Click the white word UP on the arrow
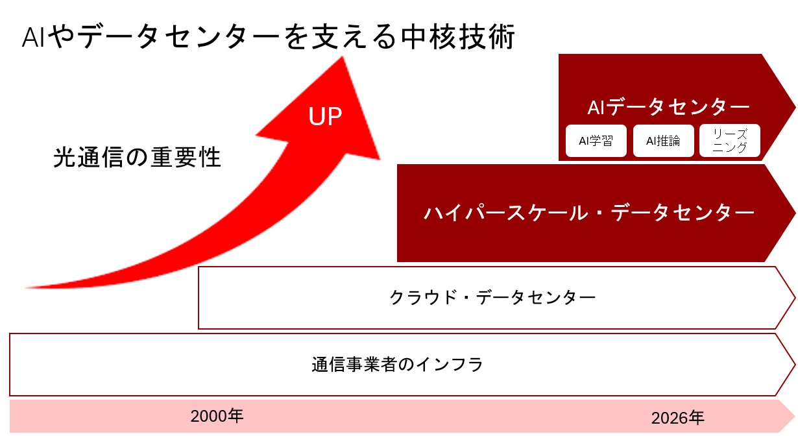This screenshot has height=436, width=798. click(x=325, y=116)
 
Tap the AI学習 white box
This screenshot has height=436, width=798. click(x=596, y=141)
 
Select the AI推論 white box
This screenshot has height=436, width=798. click(x=663, y=141)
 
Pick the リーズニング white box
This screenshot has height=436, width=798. click(x=730, y=140)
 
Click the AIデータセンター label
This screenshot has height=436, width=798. click(x=668, y=107)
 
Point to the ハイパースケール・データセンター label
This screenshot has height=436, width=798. click(x=589, y=213)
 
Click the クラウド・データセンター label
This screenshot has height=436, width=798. click(x=492, y=297)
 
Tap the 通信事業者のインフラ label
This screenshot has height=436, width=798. click(x=397, y=365)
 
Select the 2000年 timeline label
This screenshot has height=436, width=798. click(x=217, y=416)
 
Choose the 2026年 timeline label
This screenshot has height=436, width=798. click(x=677, y=418)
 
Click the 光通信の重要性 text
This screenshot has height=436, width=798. click(x=137, y=157)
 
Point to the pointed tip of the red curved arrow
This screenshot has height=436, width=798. click(x=343, y=57)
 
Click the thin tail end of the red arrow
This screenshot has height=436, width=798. click(x=26, y=287)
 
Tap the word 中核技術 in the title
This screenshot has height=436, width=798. click(x=458, y=36)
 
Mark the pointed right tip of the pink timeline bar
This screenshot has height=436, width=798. click(x=795, y=416)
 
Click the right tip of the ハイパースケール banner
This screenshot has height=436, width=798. click(x=795, y=213)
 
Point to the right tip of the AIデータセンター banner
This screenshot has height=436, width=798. click(x=795, y=107)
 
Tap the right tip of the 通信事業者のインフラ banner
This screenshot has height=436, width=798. click(x=795, y=365)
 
